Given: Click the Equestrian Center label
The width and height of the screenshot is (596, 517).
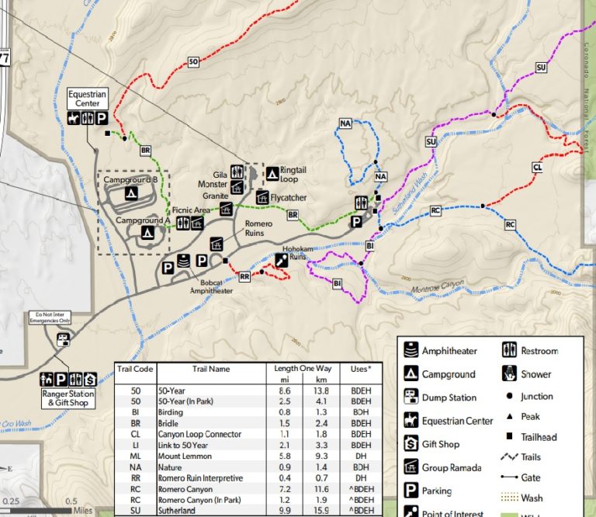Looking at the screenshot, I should pyautogui.click(x=86, y=99).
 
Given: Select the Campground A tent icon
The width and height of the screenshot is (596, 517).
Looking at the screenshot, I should pyautogui.click(x=146, y=232).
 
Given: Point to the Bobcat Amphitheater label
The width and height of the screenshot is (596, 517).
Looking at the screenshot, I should pyautogui.click(x=211, y=286).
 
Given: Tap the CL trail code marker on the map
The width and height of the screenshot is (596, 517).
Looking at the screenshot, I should pyautogui.click(x=537, y=167).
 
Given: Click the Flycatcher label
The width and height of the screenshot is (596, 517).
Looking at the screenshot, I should pyautogui.click(x=288, y=198).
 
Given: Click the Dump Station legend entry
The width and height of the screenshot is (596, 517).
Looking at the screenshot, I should pyautogui.click(x=449, y=397).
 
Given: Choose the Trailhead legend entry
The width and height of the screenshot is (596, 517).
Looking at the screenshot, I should pyautogui.click(x=536, y=438).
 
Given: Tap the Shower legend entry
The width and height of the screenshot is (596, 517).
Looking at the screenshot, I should pyautogui.click(x=536, y=374).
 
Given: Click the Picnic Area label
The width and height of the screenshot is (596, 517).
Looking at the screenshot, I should pyautogui.click(x=191, y=210).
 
